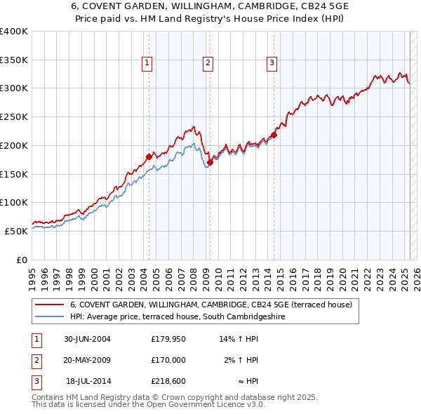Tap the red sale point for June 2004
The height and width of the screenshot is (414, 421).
point(149,156)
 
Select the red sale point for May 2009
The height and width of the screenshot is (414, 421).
point(210,162)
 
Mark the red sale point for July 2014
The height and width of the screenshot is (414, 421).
point(274,135)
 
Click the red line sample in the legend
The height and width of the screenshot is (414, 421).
point(49,305)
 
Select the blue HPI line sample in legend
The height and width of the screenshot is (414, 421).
point(49,316)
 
